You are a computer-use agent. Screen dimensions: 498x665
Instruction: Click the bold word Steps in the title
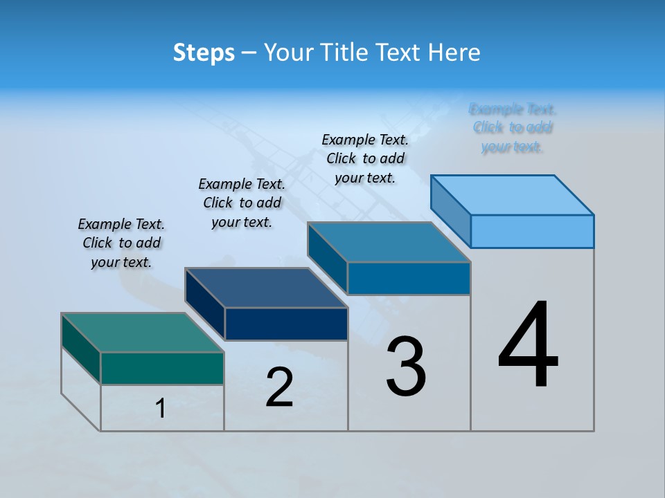pyautogui.click(x=204, y=53)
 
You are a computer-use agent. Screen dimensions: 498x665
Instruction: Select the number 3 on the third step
pyautogui.click(x=406, y=367)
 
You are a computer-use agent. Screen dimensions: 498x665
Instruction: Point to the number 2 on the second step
pyautogui.click(x=280, y=387)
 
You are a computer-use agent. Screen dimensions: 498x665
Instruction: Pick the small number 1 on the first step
pyautogui.click(x=161, y=408)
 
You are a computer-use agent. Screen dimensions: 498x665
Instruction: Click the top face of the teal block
pyautogui.click(x=142, y=332)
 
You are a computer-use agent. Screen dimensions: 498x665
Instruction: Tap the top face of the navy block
pyautogui.click(x=265, y=287)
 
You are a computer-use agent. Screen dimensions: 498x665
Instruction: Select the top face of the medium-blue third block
pyautogui.click(x=389, y=242)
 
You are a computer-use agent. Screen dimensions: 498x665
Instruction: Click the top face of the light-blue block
pyautogui.click(x=512, y=194)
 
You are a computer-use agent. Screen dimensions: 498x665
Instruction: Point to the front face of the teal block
pyautogui.click(x=162, y=368)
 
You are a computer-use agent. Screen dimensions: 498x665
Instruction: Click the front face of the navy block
pyautogui.click(x=286, y=324)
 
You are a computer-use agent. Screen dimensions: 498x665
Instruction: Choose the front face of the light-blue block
pyautogui.click(x=532, y=231)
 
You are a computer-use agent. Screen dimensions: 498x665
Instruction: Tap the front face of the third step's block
pyautogui.click(x=409, y=278)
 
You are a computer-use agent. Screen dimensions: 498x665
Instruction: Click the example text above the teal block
pyautogui.click(x=121, y=243)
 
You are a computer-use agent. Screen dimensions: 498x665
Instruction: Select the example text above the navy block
pyautogui.click(x=242, y=203)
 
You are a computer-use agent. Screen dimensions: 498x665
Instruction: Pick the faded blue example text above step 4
pyautogui.click(x=513, y=128)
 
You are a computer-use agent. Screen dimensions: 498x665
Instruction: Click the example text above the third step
pyautogui.click(x=365, y=158)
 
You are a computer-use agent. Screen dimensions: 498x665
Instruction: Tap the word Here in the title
pyautogui.click(x=454, y=53)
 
